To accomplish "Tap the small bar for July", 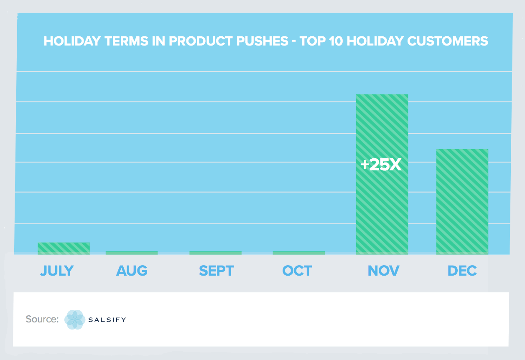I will click(x=64, y=248).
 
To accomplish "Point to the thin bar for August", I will click(x=132, y=253).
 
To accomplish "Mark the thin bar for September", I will click(x=215, y=253).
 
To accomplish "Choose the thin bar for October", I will click(x=298, y=253).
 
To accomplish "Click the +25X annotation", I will click(x=381, y=165).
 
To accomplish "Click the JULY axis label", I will click(x=57, y=271).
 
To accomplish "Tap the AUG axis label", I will click(x=132, y=271).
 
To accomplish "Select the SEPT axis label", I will click(x=216, y=271).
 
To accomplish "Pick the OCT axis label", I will click(x=297, y=271).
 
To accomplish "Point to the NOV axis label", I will click(x=383, y=271).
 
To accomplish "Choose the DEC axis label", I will click(x=462, y=271).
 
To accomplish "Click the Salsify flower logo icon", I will click(x=75, y=320).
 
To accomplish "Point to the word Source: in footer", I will click(x=42, y=319).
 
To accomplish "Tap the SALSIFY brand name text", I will click(x=107, y=320).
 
